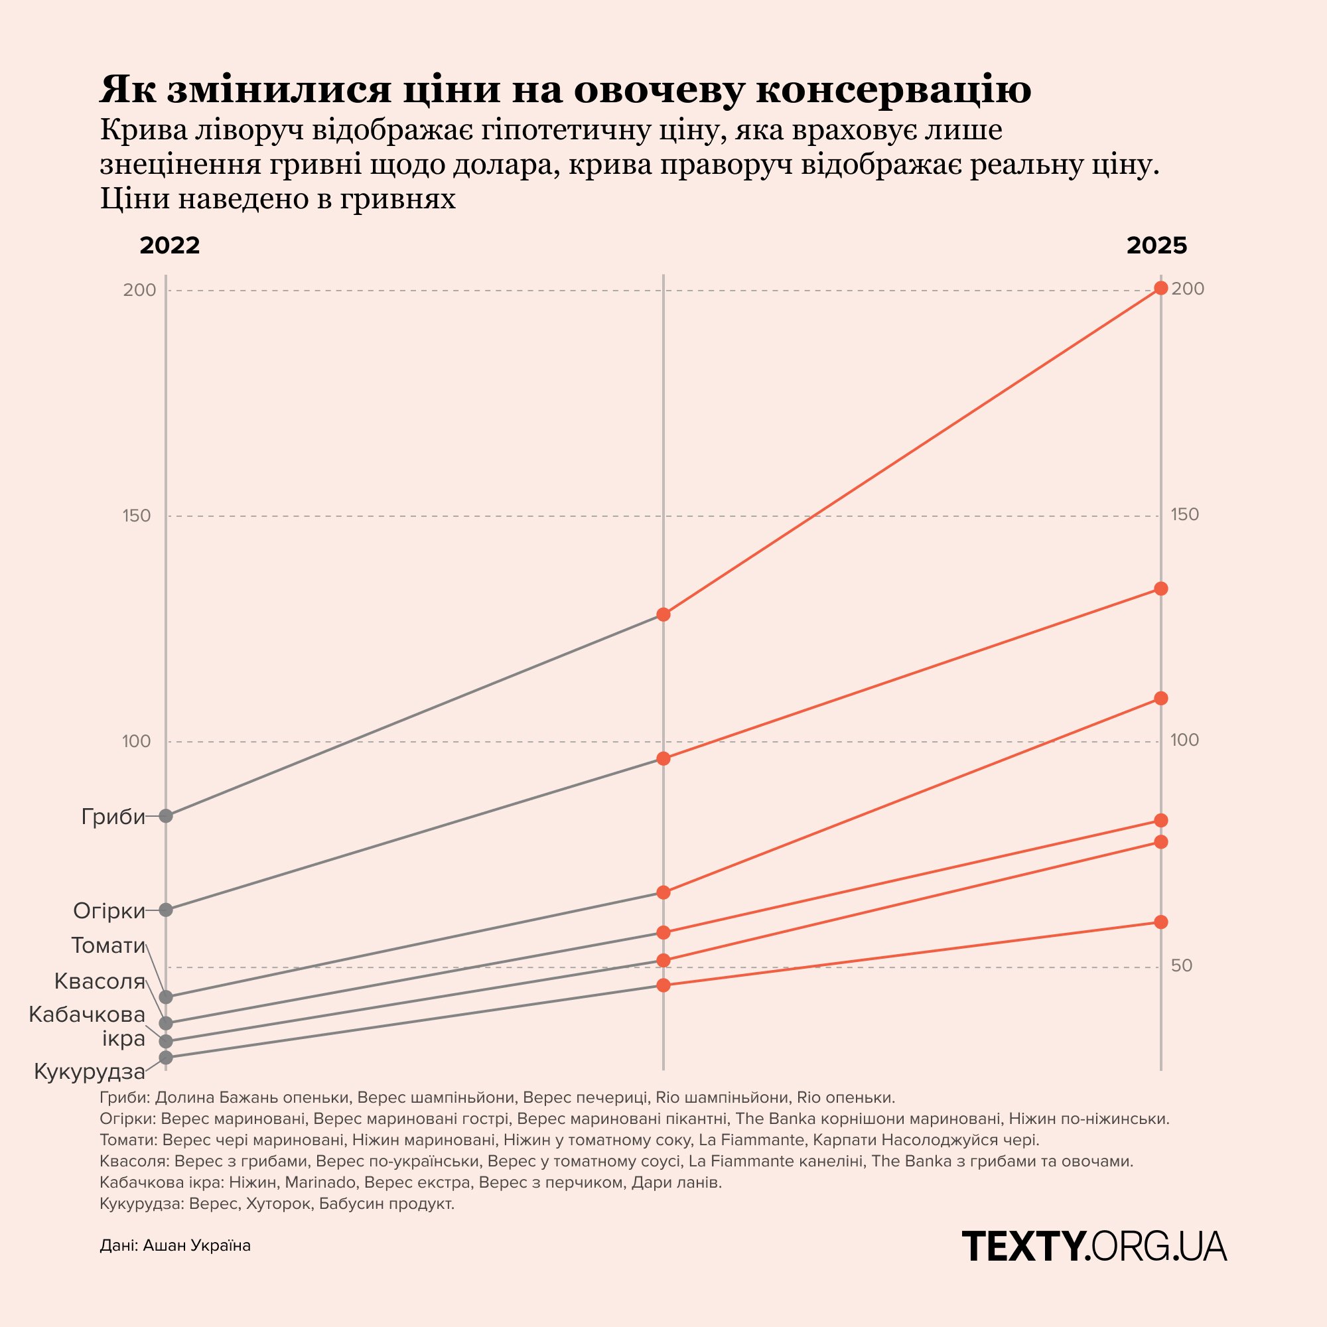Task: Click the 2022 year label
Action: pyautogui.click(x=170, y=246)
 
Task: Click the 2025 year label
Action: pyautogui.click(x=1156, y=246)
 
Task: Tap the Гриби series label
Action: pyautogui.click(x=113, y=817)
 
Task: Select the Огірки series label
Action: pyautogui.click(x=109, y=912)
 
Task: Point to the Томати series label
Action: pyautogui.click(x=109, y=945)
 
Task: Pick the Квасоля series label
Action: pyautogui.click(x=100, y=981)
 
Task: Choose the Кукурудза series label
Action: pyautogui.click(x=90, y=1072)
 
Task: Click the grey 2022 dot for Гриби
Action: pyautogui.click(x=165, y=816)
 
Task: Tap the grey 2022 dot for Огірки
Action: pyautogui.click(x=165, y=910)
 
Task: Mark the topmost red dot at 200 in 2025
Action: pyautogui.click(x=1160, y=288)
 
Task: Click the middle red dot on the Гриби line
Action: pyautogui.click(x=663, y=614)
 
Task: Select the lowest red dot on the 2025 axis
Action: pyautogui.click(x=1160, y=922)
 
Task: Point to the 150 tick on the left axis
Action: pyautogui.click(x=137, y=516)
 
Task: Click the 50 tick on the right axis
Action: pyautogui.click(x=1182, y=965)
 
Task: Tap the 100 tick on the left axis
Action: pyautogui.click(x=137, y=742)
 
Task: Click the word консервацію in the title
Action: pyautogui.click(x=894, y=90)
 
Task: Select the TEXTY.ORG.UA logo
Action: pyautogui.click(x=1093, y=1246)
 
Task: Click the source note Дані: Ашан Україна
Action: pyautogui.click(x=175, y=1245)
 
